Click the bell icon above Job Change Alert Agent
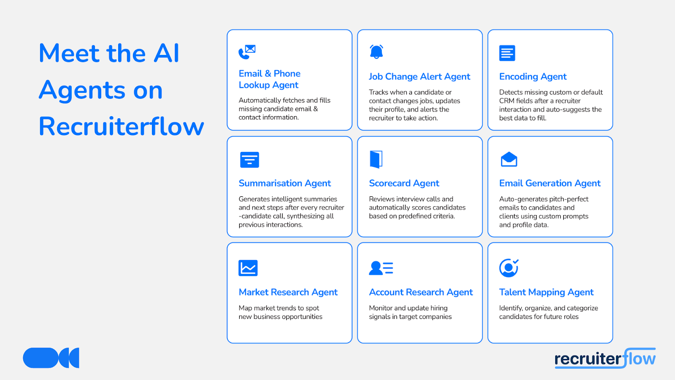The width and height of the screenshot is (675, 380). pos(376,52)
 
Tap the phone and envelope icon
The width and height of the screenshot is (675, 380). pos(247,52)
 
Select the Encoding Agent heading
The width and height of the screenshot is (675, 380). pos(533,76)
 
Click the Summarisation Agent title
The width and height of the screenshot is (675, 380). pos(285,183)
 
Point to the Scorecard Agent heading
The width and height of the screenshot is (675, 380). pos(404,183)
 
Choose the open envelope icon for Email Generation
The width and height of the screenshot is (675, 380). pos(509,159)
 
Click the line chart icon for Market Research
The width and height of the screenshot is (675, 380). pos(248,268)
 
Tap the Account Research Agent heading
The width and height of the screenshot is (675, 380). pos(421,292)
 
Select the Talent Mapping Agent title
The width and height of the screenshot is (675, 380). pos(546,292)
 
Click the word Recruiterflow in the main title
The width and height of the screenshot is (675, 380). pos(121,126)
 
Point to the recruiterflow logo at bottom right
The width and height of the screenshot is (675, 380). pos(605,358)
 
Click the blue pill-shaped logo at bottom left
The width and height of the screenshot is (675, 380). pos(51,358)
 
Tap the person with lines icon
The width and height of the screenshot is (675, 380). pos(381,268)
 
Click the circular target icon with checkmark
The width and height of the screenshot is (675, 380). pos(509,268)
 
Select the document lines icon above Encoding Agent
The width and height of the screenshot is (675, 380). pos(507,53)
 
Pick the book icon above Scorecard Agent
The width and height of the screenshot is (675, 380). pos(376,159)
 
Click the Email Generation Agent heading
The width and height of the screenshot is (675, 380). pos(550,183)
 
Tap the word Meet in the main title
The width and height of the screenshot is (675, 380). pos(69,53)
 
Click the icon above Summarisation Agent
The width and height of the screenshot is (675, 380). pos(249,160)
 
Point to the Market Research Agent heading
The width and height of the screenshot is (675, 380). pos(288,292)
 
